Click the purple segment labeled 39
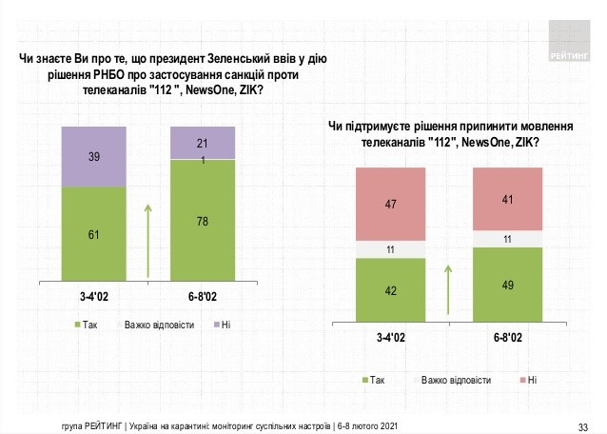(93, 156)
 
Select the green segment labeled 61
(93, 233)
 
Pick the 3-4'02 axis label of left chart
(93, 296)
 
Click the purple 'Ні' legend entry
(223, 326)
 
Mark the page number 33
(583, 424)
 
